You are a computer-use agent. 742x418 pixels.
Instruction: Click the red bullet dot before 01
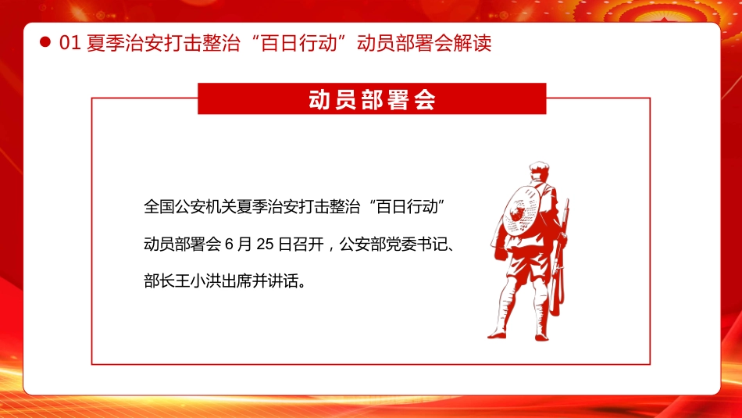click(45, 43)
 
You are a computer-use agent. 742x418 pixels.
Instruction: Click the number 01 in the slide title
click(70, 43)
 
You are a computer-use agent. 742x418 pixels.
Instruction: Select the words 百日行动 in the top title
click(308, 43)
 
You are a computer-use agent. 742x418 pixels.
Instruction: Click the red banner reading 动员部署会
click(372, 99)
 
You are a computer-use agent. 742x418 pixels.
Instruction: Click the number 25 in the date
click(264, 244)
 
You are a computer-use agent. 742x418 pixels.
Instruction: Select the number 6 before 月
click(229, 244)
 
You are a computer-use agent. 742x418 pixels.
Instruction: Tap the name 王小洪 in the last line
click(206, 280)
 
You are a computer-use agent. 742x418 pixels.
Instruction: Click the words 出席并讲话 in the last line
click(263, 280)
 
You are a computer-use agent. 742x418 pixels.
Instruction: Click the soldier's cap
click(537, 166)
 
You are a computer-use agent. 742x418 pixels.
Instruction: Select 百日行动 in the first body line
click(405, 207)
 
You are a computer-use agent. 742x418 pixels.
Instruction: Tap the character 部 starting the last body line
click(152, 280)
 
